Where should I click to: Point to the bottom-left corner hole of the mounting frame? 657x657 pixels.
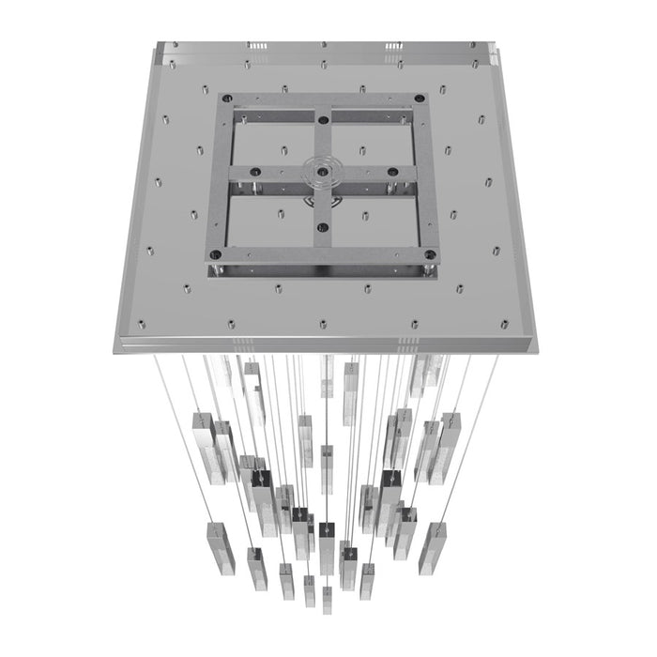[x=215, y=254]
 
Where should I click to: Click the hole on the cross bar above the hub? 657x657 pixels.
[x=323, y=119]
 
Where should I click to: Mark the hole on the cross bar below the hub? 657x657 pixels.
[x=323, y=226]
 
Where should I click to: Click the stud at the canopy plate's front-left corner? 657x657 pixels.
[x=142, y=325]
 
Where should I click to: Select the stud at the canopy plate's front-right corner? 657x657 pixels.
[x=504, y=324]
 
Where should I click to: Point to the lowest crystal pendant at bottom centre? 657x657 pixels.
[x=327, y=599]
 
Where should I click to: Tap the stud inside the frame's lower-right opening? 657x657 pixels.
[x=365, y=216]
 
